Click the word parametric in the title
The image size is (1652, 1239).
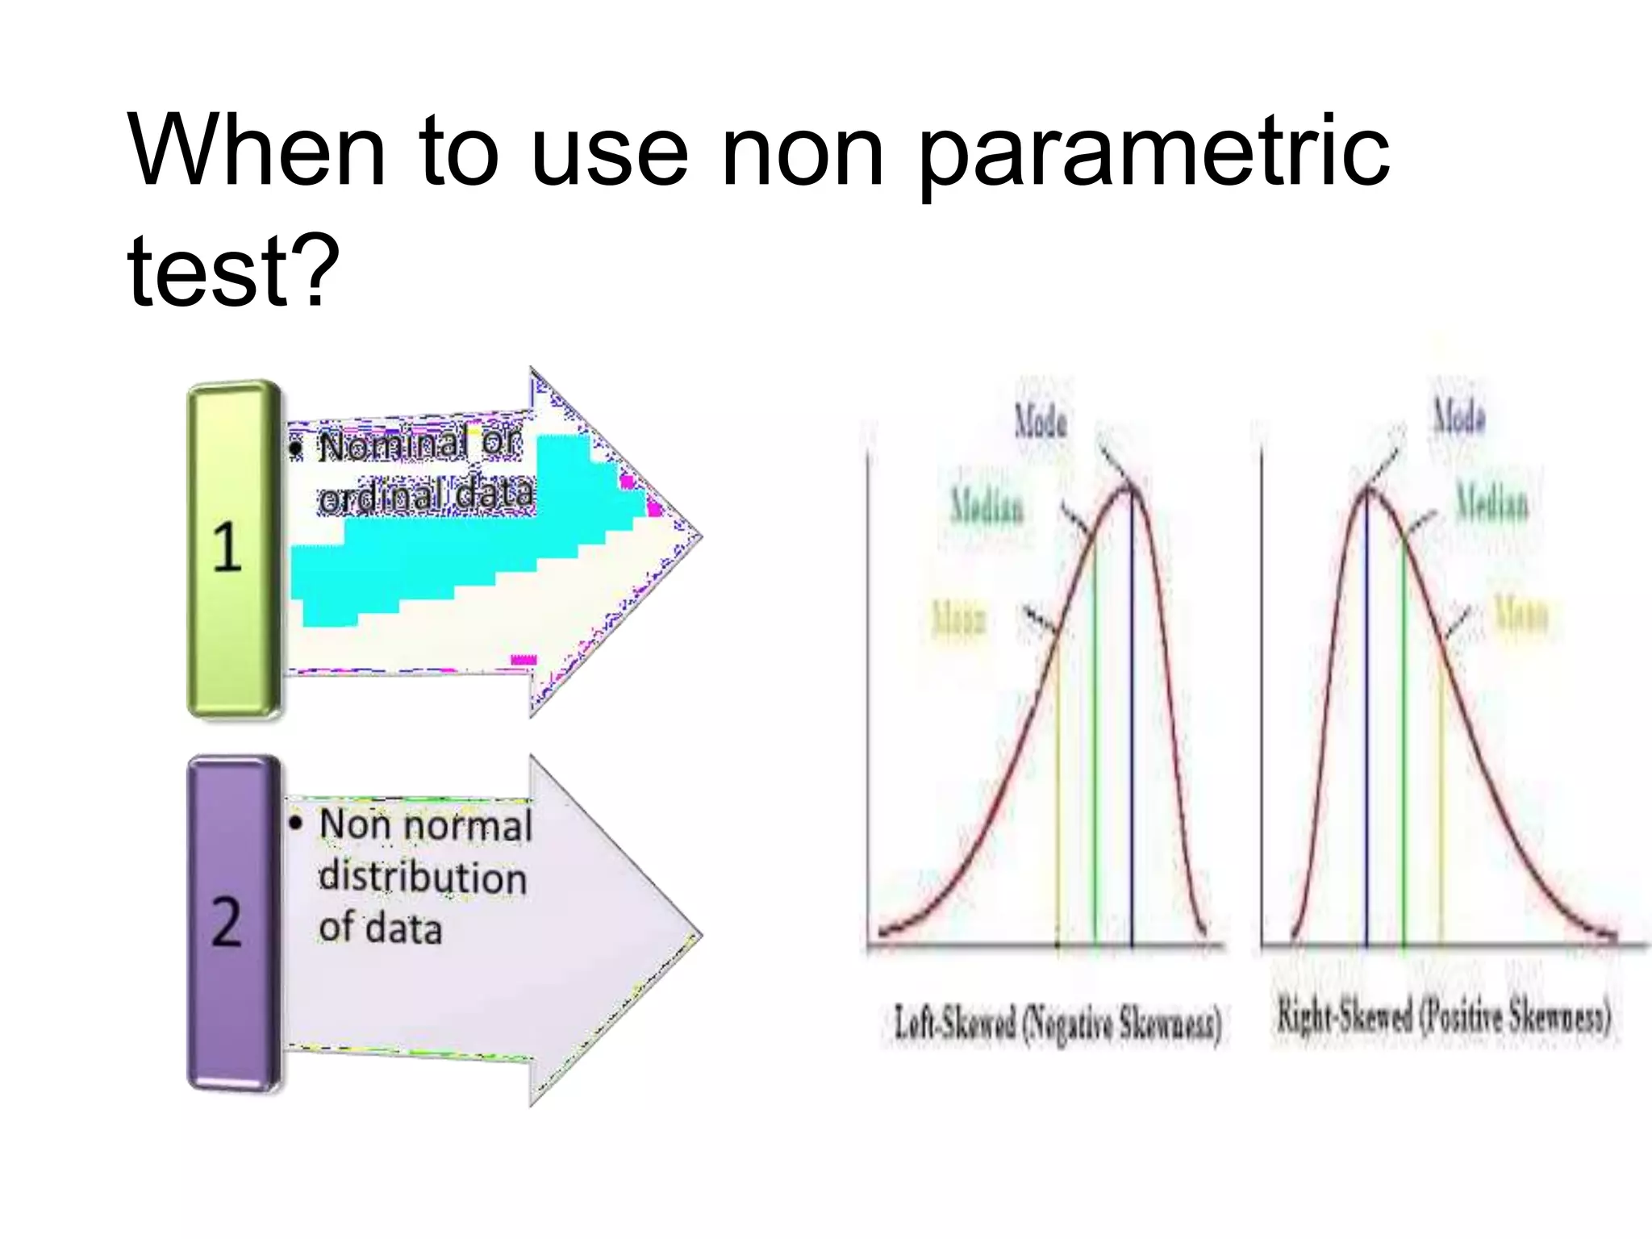pos(1153,153)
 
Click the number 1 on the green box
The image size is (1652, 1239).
pos(227,548)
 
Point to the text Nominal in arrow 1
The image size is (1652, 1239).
pos(393,446)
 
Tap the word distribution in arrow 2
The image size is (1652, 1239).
pos(423,878)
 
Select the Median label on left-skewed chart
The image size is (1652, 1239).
pos(987,506)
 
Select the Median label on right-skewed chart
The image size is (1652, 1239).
pos(1491,503)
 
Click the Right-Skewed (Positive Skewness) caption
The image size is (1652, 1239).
pos(1443,1017)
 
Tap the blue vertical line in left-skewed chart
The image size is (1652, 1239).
pos(1132,726)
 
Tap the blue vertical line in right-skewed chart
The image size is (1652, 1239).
pos(1366,726)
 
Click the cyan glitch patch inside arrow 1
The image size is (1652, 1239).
pos(452,549)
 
